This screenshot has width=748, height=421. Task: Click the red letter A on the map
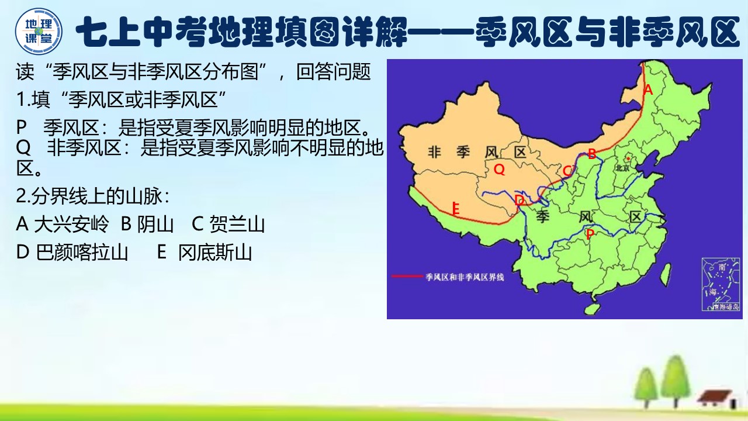click(647, 90)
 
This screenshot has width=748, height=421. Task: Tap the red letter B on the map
click(592, 154)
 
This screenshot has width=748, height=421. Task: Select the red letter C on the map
click(567, 171)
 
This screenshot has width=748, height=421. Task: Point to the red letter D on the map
click(520, 201)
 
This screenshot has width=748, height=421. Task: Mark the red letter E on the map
click(456, 208)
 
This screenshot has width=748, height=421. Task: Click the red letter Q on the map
click(499, 170)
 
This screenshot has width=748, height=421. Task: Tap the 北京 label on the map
click(621, 167)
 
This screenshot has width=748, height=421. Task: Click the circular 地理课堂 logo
click(39, 31)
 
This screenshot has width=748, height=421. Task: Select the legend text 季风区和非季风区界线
click(465, 277)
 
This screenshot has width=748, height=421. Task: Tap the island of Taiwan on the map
click(665, 272)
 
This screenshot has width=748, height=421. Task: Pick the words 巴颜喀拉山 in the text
click(82, 253)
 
